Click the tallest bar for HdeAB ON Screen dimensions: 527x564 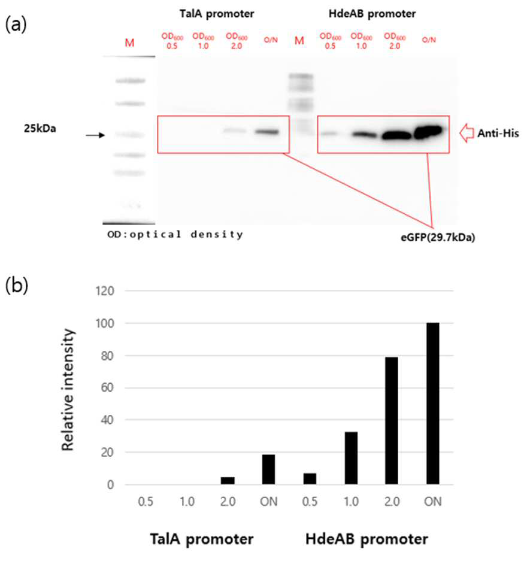432,403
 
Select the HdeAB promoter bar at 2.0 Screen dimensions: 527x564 392,420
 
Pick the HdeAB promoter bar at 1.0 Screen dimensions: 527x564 351,458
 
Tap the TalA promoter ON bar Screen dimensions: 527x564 268,469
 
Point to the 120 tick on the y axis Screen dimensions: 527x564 105,290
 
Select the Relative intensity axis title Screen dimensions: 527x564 68,390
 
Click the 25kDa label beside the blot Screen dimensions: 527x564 40,129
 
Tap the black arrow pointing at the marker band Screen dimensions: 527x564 95,135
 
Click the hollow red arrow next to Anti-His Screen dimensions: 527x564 467,133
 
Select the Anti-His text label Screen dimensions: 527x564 498,134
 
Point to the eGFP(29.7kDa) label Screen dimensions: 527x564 438,238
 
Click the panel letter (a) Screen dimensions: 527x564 16,25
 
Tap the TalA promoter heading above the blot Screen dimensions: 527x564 217,14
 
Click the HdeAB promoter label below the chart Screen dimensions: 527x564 367,539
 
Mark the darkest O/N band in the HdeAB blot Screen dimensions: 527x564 429,132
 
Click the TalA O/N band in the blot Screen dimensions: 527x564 267,132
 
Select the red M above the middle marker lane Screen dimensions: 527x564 299,41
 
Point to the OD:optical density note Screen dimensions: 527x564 175,235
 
